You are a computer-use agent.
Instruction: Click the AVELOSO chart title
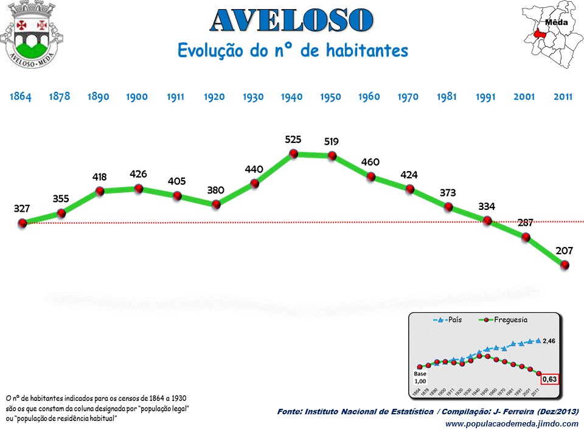pos(291,21)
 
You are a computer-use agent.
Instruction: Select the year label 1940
pos(291,97)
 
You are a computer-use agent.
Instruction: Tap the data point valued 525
pos(293,155)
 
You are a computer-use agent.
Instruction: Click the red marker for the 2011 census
pos(565,265)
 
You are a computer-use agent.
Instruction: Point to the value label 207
pos(564,250)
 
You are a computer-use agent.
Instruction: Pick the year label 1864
pos(21,97)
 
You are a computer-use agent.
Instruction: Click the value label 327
pos(22,209)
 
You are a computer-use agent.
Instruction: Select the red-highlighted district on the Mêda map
pos(538,35)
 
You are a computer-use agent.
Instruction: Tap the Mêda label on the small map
pos(556,23)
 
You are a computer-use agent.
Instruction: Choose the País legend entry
pos(448,319)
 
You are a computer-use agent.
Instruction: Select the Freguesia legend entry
pos(504,319)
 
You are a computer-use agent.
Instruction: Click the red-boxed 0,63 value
pos(550,379)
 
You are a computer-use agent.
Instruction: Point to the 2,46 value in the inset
pos(549,341)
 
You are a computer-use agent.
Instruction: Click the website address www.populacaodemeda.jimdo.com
pos(512,424)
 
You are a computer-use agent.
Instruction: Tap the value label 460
pos(370,162)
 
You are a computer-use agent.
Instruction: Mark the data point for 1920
pos(215,204)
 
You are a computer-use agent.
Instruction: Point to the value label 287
pos(526,223)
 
